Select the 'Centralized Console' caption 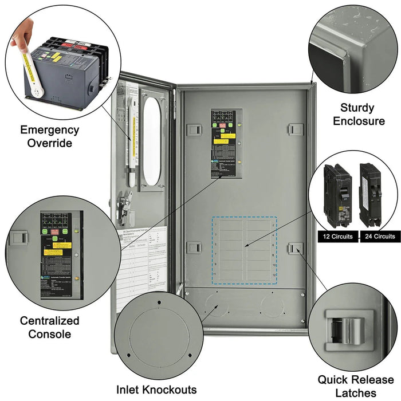49,327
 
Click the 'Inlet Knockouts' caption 156,390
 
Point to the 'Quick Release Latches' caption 356,385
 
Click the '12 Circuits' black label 337,236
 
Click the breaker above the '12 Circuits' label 337,195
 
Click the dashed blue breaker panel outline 245,249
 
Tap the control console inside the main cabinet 226,143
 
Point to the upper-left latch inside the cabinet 194,129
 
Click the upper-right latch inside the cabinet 296,129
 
